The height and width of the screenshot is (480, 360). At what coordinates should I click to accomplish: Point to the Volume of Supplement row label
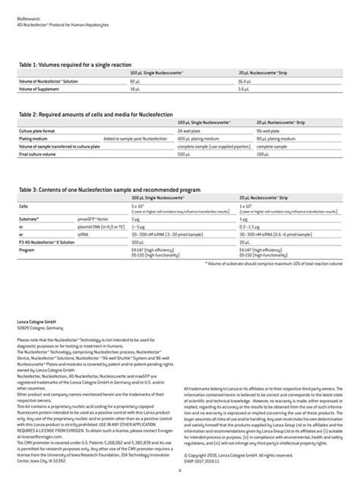42,90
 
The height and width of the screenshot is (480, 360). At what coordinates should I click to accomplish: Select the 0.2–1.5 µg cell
251,226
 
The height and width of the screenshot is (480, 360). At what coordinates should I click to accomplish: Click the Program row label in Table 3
28,249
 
